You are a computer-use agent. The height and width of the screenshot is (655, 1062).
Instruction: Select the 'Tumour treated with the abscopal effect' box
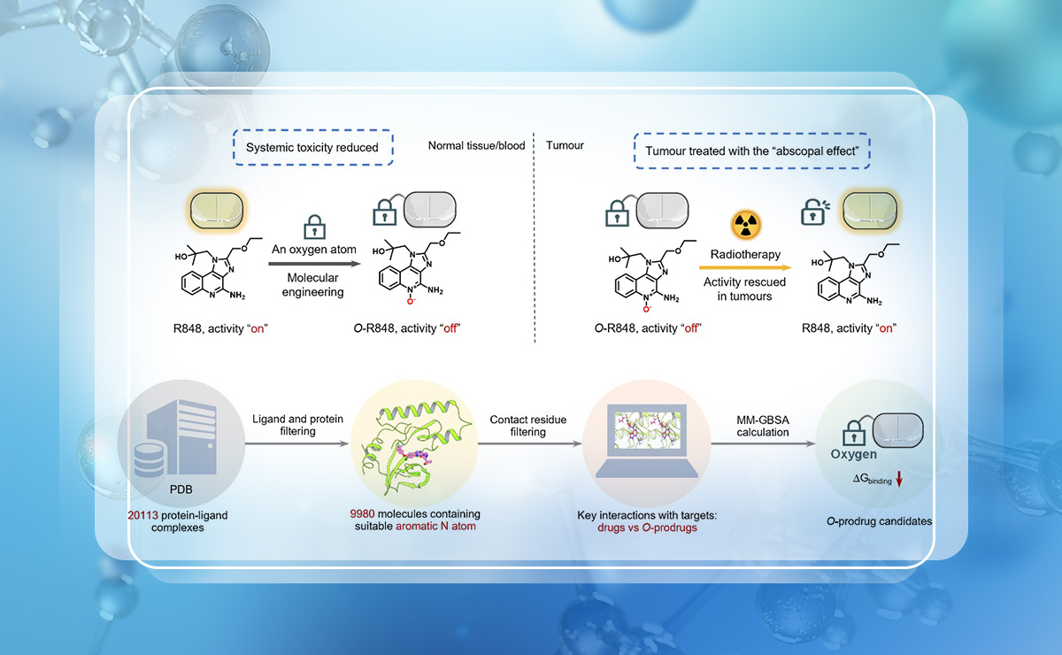pos(752,151)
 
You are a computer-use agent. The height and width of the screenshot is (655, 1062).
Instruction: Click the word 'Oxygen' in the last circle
pos(854,454)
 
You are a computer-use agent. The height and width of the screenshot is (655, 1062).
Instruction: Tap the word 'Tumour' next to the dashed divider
pos(565,145)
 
